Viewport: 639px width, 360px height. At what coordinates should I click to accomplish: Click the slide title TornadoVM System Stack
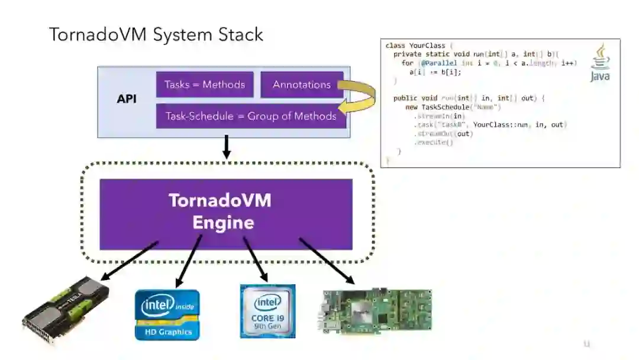pos(156,34)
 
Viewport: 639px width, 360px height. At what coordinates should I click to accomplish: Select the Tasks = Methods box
pos(205,85)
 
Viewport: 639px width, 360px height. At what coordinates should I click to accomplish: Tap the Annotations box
pos(301,85)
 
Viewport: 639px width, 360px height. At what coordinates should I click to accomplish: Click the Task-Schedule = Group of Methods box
pos(250,116)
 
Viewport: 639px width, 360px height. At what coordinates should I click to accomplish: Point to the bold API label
pos(127,99)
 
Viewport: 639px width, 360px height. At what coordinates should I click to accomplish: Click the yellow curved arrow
pos(362,97)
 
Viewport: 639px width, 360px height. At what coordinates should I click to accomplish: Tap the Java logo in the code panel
pos(600,63)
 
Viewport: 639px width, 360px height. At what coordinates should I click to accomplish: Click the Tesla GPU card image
pos(66,308)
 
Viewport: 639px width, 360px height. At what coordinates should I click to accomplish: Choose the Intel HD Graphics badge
pos(167,314)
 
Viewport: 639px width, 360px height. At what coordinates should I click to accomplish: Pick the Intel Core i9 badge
pos(267,311)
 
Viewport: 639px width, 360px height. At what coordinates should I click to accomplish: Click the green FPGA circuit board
pos(376,311)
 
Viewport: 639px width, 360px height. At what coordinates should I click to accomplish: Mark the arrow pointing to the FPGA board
pos(327,260)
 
